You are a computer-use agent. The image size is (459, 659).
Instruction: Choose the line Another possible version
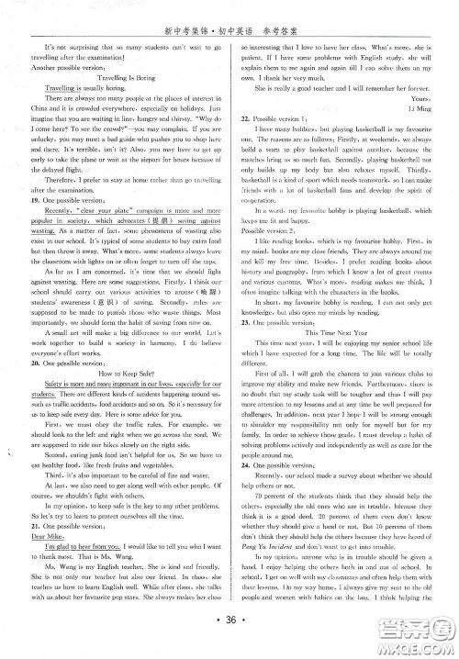(x=69, y=68)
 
